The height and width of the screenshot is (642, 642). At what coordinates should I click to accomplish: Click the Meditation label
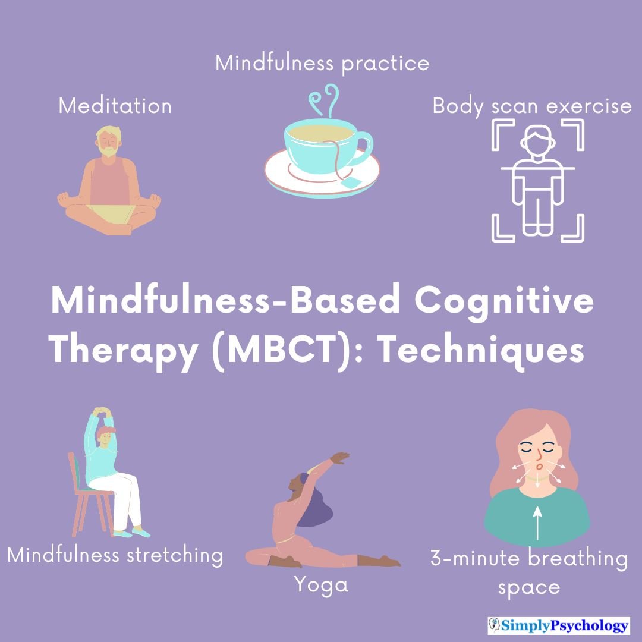115,106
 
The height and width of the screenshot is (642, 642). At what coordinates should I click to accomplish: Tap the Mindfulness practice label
322,63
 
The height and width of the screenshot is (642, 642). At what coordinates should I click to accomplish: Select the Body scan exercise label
531,106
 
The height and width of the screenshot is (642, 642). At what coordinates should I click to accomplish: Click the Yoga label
321,585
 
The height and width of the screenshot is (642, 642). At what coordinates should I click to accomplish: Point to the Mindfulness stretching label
115,555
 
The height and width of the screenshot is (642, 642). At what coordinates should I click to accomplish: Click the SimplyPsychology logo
558,625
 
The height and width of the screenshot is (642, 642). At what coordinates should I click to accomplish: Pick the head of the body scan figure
537,141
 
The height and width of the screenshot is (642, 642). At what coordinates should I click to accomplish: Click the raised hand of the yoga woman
340,457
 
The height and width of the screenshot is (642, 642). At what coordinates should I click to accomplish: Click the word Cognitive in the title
503,301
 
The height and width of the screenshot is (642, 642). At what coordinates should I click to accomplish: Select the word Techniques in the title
481,351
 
